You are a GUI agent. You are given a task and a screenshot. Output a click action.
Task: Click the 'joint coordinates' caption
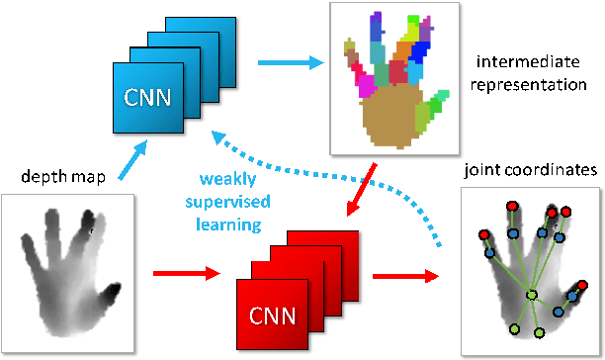click(x=529, y=171)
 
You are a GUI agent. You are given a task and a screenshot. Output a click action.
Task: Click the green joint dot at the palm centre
click(x=531, y=295)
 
